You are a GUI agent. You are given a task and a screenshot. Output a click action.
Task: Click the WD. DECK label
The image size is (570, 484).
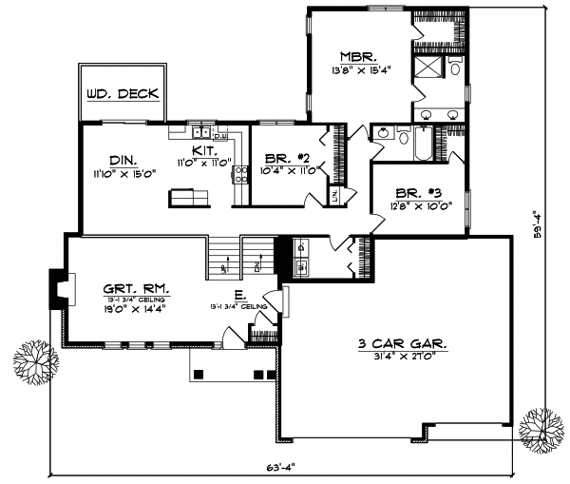pos(122,95)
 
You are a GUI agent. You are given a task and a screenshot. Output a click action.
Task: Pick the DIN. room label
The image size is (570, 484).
pos(123,161)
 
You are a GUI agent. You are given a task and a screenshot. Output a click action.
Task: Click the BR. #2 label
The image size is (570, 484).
pos(283,158)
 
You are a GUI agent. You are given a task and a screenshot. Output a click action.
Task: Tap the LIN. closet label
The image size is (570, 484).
pos(335,195)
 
